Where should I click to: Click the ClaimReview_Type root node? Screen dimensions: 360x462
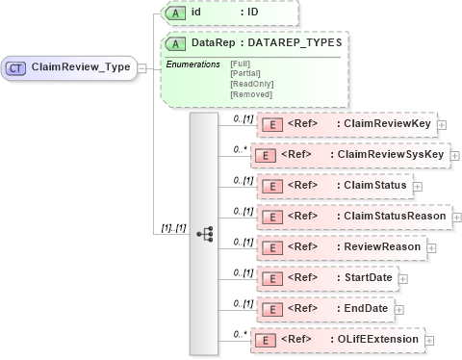pyautogui.click(x=71, y=68)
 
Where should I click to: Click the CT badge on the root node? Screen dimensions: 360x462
pyautogui.click(x=17, y=68)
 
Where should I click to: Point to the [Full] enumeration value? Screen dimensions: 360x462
pyautogui.click(x=241, y=64)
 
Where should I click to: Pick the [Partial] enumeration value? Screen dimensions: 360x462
pyautogui.click(x=244, y=72)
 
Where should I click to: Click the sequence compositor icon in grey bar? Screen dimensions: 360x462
pyautogui.click(x=204, y=233)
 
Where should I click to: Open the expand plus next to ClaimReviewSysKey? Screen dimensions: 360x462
pyautogui.click(x=455, y=155)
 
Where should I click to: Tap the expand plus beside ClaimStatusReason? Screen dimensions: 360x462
pyautogui.click(x=455, y=217)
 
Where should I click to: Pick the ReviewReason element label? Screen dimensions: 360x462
pyautogui.click(x=380, y=247)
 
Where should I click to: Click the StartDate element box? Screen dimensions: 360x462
pyautogui.click(x=326, y=278)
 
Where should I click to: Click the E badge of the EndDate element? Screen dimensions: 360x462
pyautogui.click(x=271, y=309)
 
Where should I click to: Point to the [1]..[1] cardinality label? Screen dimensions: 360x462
pyautogui.click(x=172, y=228)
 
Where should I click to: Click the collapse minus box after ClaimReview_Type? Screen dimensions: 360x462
pyautogui.click(x=141, y=68)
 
